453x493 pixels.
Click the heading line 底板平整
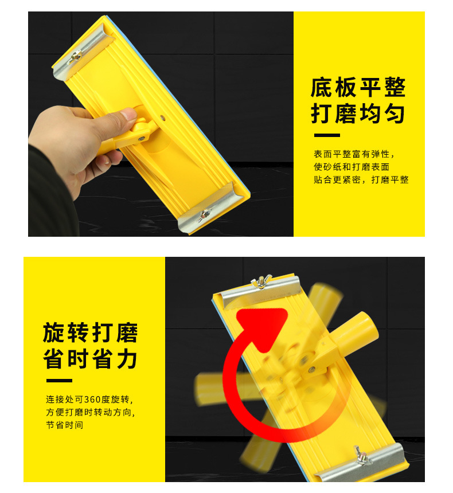pyautogui.click(x=358, y=88)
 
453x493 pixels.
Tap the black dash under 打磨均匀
pyautogui.click(x=327, y=136)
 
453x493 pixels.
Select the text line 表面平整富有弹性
pyautogui.click(x=354, y=154)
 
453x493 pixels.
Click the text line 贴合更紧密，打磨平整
pyautogui.click(x=361, y=180)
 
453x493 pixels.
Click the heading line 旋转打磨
pyautogui.click(x=91, y=332)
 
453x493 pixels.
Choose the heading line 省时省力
pyautogui.click(x=91, y=359)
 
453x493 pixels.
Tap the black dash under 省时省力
pyautogui.click(x=59, y=381)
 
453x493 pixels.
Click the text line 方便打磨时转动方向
pyautogui.click(x=93, y=413)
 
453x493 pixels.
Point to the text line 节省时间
pyautogui.click(x=65, y=425)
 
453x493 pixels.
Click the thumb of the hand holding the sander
pyautogui.click(x=122, y=118)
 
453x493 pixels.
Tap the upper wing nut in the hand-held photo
pyautogui.click(x=75, y=56)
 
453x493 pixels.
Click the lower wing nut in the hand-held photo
pyautogui.click(x=202, y=216)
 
